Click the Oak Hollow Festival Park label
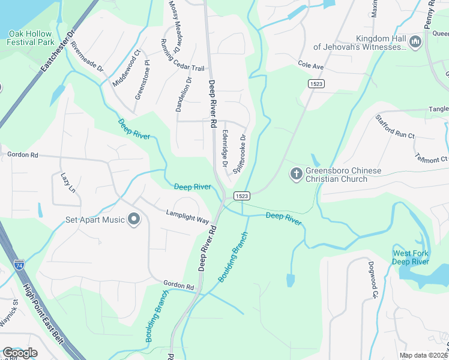click(31, 37)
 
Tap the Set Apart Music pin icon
click(134, 220)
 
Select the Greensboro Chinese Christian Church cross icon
click(296, 175)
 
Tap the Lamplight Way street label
click(187, 216)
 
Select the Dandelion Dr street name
click(183, 94)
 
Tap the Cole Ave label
click(310, 64)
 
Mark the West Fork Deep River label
click(411, 257)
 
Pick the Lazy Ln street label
click(68, 182)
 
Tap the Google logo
click(20, 353)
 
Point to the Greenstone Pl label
click(141, 79)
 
